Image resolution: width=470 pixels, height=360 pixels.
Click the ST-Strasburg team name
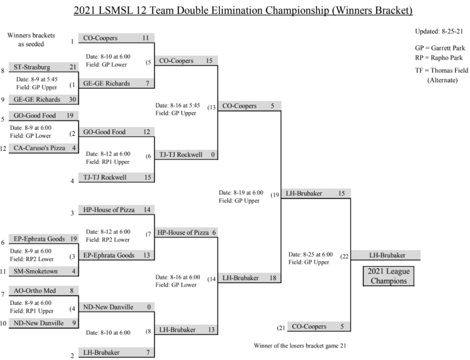[32, 67]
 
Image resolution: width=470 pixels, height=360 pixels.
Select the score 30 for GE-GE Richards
[73, 100]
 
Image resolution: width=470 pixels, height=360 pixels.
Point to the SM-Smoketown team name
[35, 271]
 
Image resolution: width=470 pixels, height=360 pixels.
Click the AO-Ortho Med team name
[34, 290]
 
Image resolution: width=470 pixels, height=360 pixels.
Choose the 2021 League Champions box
[388, 276]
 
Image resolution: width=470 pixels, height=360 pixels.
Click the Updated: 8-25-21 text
[439, 32]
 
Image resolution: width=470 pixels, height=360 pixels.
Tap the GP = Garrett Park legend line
[440, 48]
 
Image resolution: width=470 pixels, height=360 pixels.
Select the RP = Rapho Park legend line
[438, 58]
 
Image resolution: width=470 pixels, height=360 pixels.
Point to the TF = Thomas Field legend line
[441, 70]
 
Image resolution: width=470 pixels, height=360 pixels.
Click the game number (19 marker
[275, 195]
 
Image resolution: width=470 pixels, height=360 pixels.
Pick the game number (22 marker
[344, 256]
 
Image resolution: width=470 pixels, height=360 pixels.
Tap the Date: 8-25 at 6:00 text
[311, 254]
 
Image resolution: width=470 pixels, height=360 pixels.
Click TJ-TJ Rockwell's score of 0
[213, 155]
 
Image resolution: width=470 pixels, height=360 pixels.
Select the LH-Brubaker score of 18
[273, 278]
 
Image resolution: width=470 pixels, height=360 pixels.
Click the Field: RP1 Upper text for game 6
[107, 162]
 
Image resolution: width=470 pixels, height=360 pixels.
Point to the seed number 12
[3, 149]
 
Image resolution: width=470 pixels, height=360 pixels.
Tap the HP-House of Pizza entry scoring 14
[116, 210]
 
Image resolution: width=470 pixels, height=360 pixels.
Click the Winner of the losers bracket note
[300, 346]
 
